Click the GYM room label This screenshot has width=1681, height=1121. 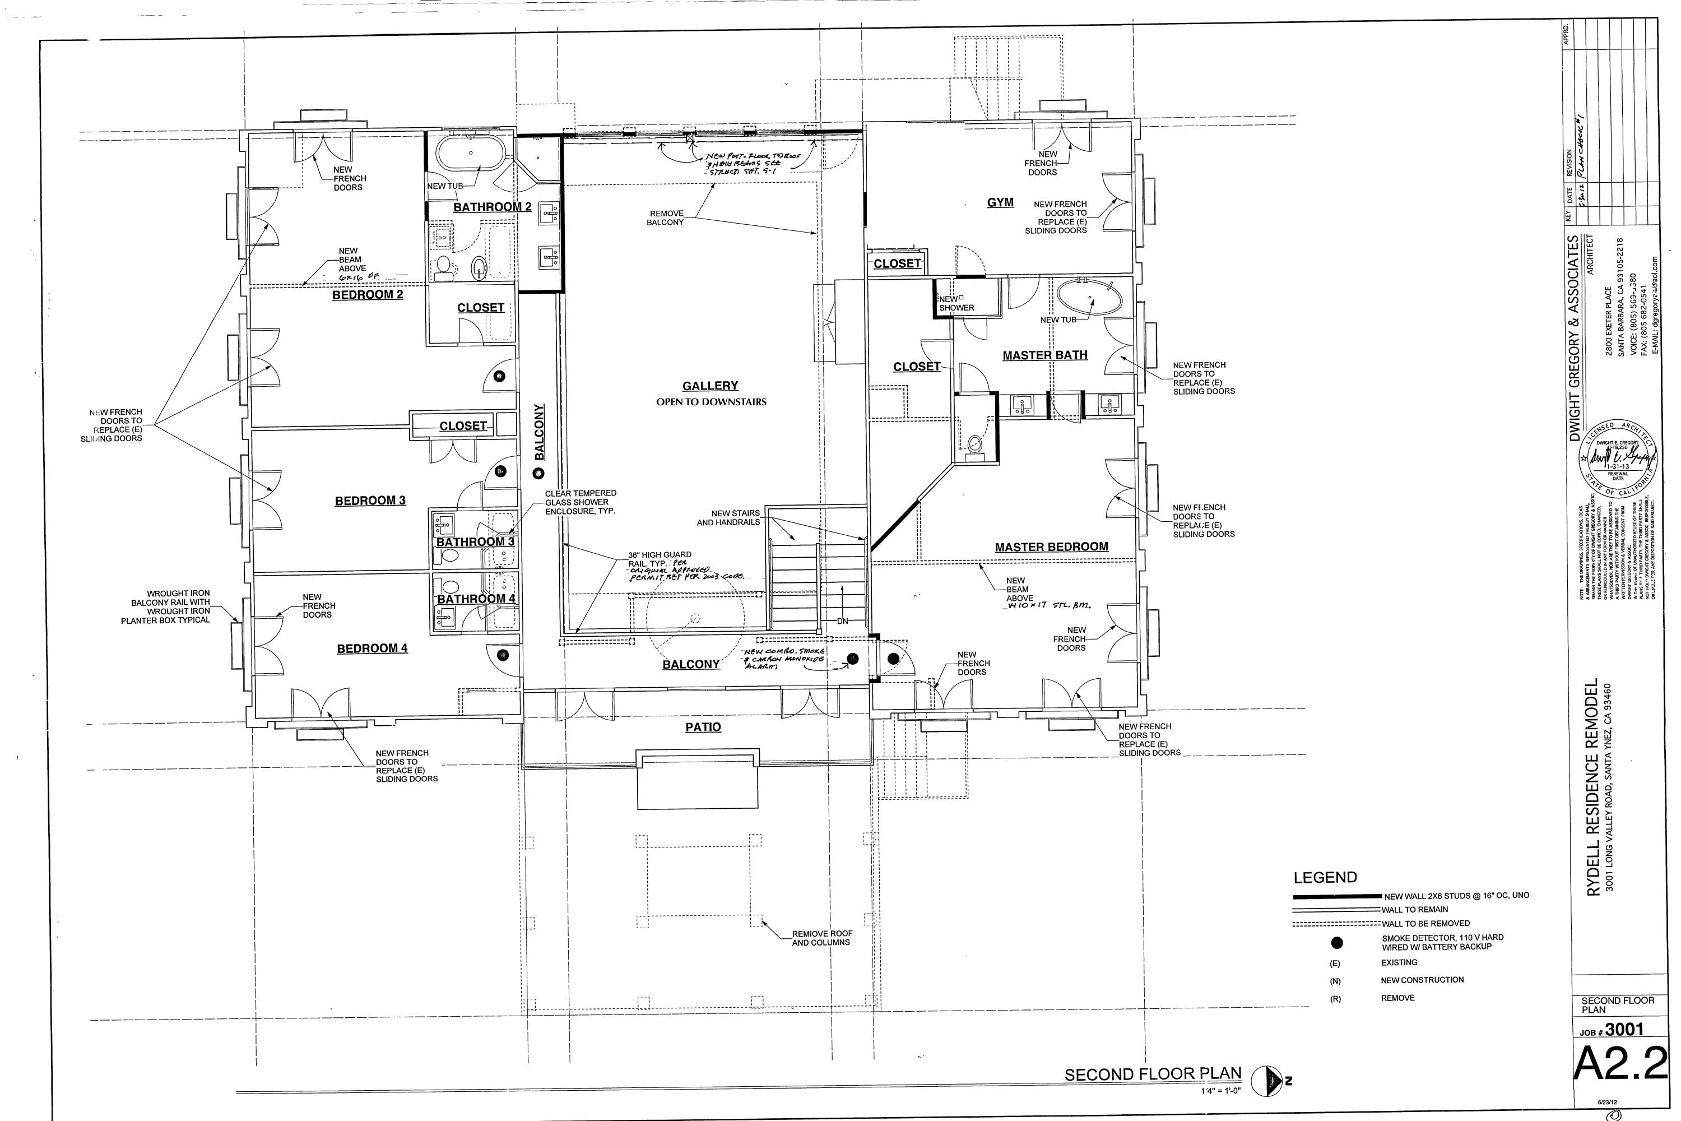[x=1000, y=202]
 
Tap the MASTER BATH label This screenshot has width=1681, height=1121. [x=1045, y=355]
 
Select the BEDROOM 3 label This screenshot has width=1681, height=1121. [x=370, y=501]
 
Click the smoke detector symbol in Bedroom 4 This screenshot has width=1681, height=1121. [x=503, y=655]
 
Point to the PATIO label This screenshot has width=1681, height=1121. [x=703, y=727]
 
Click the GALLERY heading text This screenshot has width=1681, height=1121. [x=710, y=386]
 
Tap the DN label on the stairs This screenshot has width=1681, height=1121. [x=843, y=620]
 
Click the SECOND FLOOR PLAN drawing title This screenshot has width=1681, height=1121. [x=1153, y=1074]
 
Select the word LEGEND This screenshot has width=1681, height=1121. [x=1325, y=877]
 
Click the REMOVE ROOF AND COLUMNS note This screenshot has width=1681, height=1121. [x=821, y=938]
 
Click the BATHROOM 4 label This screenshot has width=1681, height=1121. [x=476, y=599]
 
